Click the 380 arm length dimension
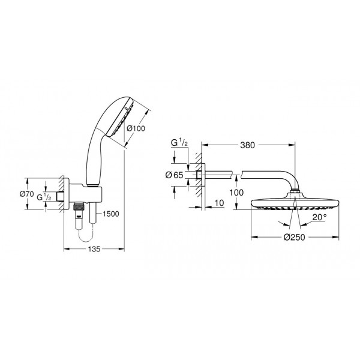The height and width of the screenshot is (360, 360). (x=247, y=145)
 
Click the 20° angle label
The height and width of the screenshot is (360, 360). (x=318, y=217)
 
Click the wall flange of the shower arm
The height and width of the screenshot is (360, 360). (x=200, y=175)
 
